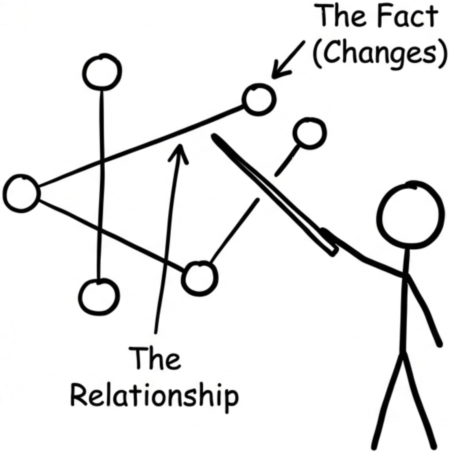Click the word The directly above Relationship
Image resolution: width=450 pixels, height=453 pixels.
155,358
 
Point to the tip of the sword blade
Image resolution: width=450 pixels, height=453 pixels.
213,135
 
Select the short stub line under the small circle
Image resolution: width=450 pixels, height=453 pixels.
286,160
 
